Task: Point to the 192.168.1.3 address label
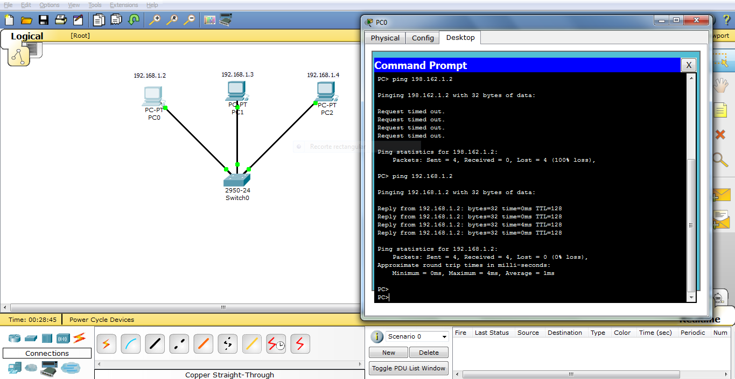237,74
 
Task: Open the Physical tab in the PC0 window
385,38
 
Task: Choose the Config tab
423,38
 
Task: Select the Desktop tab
460,38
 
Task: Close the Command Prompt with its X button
688,66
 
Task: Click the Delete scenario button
429,353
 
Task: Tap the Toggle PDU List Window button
409,368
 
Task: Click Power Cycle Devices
102,320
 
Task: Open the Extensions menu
124,5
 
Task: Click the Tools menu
95,5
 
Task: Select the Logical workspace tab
27,37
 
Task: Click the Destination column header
565,333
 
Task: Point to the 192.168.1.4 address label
323,75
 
